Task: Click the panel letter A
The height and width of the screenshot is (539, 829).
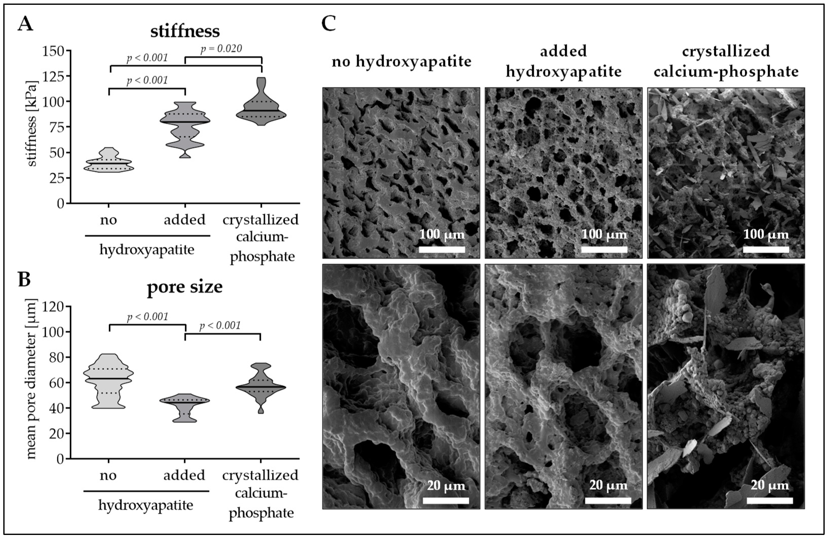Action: pyautogui.click(x=25, y=24)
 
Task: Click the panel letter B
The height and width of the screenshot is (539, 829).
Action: pyautogui.click(x=24, y=280)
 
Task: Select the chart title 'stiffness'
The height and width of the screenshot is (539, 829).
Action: pyautogui.click(x=185, y=31)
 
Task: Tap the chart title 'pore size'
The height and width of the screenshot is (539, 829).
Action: pyautogui.click(x=185, y=287)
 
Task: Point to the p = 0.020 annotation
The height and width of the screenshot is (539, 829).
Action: pyautogui.click(x=221, y=49)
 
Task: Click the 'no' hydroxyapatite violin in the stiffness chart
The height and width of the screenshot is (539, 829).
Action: pyautogui.click(x=109, y=162)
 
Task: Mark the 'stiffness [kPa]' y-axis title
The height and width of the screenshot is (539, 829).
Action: pyautogui.click(x=31, y=124)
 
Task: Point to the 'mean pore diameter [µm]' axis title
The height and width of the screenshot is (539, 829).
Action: pyautogui.click(x=31, y=380)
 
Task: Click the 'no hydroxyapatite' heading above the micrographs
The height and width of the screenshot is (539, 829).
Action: pyautogui.click(x=401, y=62)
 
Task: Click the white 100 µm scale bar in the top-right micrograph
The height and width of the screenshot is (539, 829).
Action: pyautogui.click(x=766, y=249)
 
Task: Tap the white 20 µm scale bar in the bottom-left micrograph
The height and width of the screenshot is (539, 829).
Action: pyautogui.click(x=446, y=501)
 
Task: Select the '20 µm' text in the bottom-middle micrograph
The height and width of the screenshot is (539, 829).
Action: pyautogui.click(x=608, y=485)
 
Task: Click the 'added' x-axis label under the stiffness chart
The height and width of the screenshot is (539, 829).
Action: pyautogui.click(x=185, y=220)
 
